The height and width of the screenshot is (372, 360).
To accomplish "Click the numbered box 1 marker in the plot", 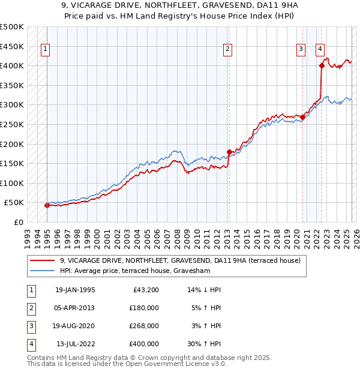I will [x=46, y=50].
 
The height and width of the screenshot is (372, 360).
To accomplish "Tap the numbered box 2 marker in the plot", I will [x=228, y=50].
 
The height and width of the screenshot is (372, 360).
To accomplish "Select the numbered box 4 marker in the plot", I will [x=320, y=50].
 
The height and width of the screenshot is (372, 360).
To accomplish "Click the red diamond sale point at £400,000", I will [x=322, y=66].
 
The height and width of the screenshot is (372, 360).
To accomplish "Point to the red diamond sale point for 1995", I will [x=47, y=205].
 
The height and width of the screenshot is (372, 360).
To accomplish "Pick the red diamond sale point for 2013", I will [x=229, y=152].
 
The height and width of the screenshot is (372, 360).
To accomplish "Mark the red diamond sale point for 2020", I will [x=302, y=118].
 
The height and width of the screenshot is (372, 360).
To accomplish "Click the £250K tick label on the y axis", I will [x=12, y=124].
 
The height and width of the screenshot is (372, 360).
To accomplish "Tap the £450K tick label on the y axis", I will [x=12, y=46].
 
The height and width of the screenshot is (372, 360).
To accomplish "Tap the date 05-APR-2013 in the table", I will [x=75, y=307].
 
